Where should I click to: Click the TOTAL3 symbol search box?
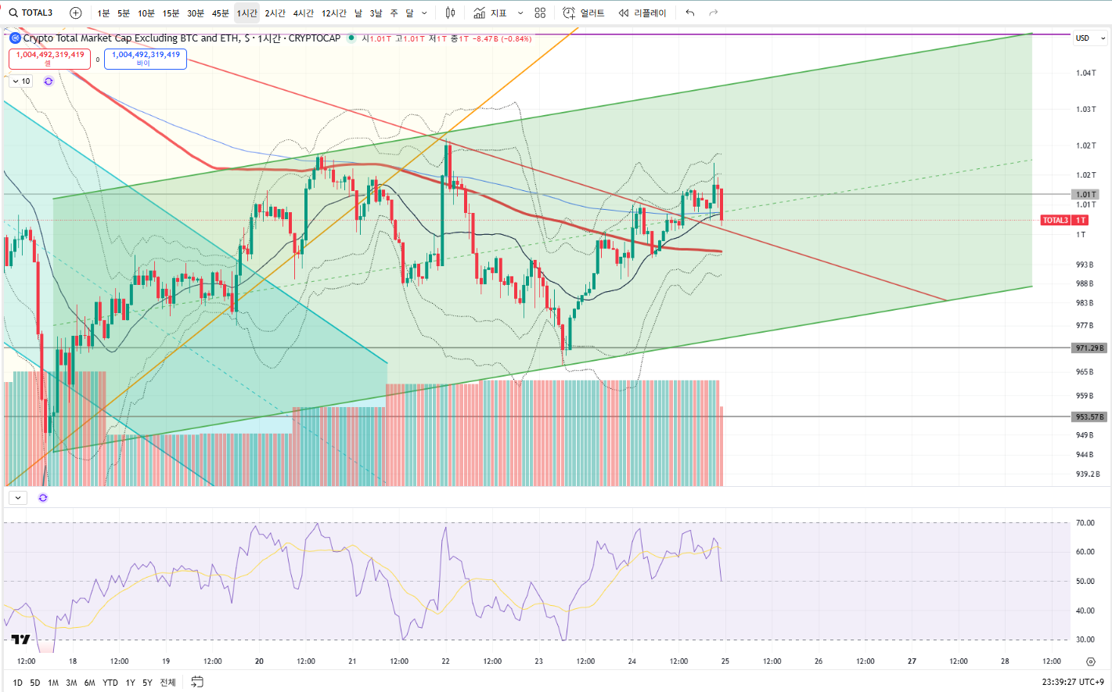31,13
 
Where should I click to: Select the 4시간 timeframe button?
303,13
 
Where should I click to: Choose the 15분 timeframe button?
171,13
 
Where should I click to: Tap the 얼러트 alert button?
585,13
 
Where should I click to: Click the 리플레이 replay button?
642,13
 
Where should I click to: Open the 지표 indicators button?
491,13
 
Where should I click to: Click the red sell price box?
49,59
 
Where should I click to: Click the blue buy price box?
146,59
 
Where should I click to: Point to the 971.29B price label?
1089,348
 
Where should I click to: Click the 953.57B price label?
1089,417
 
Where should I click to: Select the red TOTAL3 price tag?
1064,220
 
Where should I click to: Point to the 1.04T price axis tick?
1085,73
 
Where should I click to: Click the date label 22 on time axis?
445,661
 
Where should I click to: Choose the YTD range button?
110,683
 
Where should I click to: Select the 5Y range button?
147,683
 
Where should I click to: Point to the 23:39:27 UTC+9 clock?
1073,682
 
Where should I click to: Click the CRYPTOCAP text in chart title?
315,38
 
